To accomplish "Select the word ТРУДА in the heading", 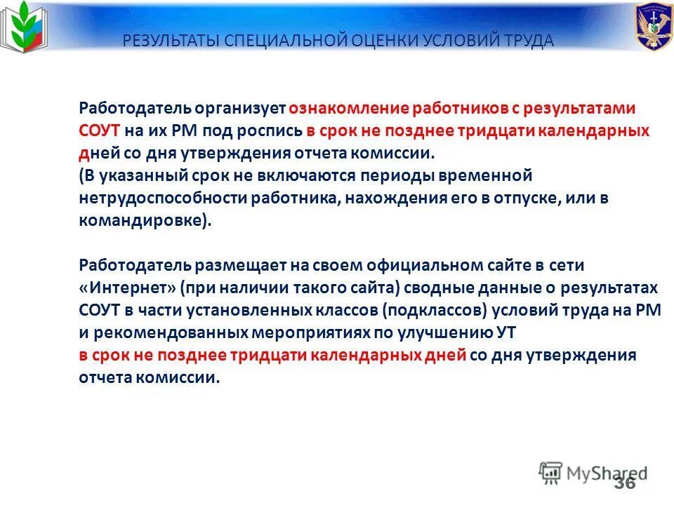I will pos(525,41).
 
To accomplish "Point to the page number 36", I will pos(624,483).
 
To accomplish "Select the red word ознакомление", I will pos(348,109).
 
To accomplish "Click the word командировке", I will pos(143,221).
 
